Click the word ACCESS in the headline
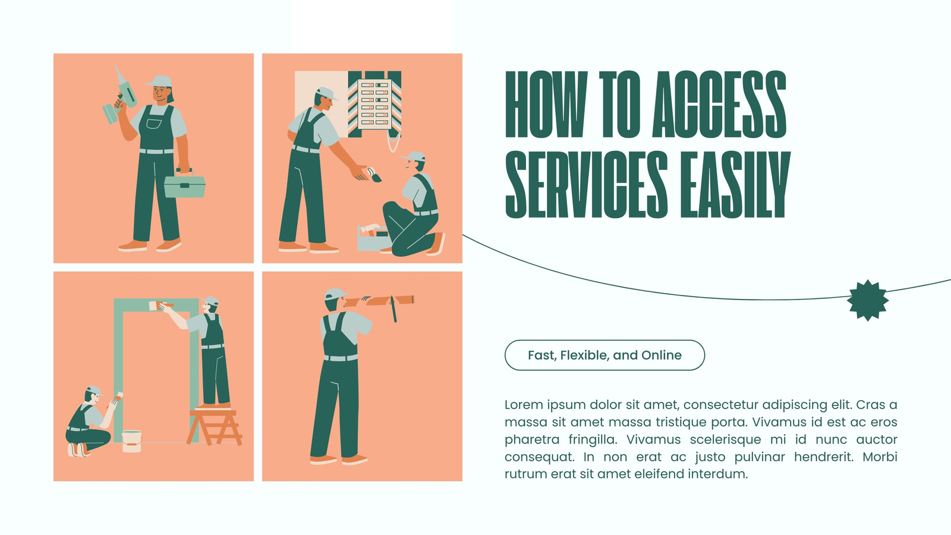719,105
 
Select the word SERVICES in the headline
586,185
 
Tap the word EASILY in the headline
735,185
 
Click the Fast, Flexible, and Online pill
604,355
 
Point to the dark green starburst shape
867,300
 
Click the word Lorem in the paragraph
524,405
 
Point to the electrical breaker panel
374,105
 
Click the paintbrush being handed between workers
374,175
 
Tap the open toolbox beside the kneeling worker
374,238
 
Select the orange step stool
215,426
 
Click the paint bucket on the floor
131,441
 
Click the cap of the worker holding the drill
160,81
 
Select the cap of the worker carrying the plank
335,294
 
